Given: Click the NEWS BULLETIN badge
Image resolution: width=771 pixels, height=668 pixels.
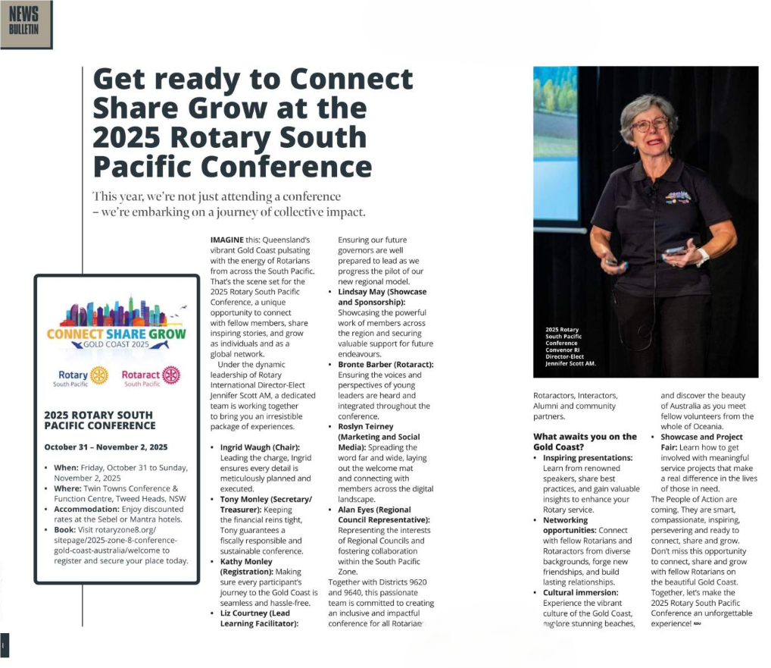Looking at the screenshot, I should (25, 24).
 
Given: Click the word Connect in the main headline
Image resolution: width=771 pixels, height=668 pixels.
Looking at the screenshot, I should (351, 79).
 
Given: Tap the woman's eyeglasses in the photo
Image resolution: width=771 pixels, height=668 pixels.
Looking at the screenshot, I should (650, 124).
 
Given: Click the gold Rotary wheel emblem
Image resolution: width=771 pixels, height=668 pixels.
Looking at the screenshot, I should (98, 375).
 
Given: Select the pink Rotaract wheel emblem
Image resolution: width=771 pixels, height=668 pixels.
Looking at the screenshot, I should (170, 375).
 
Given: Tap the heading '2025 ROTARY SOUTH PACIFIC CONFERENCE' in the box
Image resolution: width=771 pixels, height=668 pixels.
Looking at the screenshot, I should (98, 420).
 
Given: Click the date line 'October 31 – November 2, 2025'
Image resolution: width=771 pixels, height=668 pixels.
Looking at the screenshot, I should (106, 447).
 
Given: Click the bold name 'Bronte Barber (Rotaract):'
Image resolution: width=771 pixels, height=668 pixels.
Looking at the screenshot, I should (385, 365).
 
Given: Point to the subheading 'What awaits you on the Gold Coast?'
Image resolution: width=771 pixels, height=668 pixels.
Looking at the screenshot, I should (585, 441).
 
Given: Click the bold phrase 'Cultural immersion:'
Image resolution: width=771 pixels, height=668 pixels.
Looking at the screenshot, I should (580, 592).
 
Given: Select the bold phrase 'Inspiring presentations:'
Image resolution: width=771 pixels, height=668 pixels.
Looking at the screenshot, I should (587, 458).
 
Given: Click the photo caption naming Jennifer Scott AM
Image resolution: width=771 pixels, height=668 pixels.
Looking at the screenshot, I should (570, 347).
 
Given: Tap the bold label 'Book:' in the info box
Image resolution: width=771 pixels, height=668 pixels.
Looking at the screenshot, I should (64, 530).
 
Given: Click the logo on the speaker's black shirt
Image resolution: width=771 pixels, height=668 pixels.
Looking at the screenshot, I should (677, 196).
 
